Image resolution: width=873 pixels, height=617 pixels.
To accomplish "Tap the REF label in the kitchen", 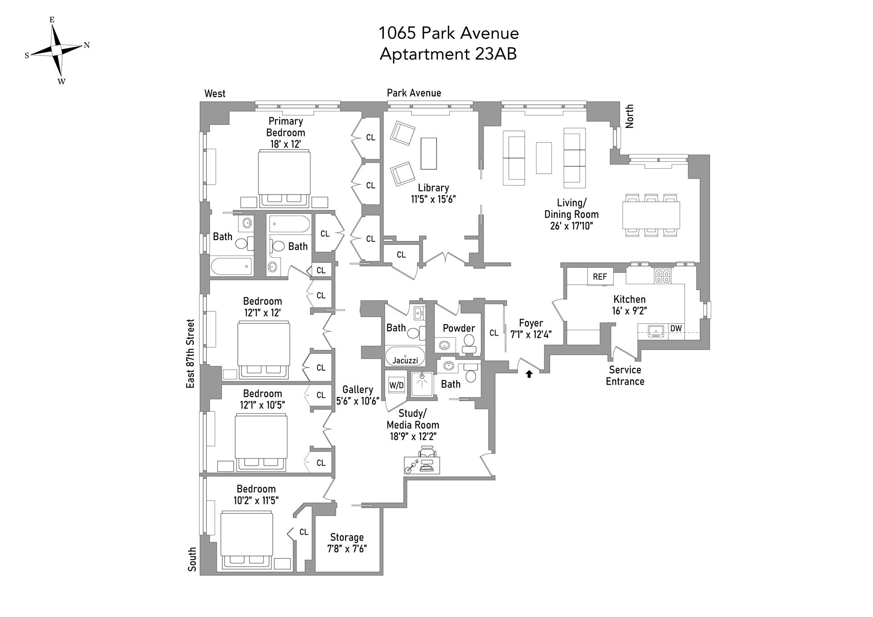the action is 600,276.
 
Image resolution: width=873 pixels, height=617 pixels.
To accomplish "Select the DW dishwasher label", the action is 676,328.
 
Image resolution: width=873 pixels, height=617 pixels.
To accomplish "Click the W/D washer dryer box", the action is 396,385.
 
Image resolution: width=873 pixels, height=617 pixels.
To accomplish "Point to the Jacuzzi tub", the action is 405,356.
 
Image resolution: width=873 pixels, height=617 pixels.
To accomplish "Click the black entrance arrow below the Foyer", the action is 529,374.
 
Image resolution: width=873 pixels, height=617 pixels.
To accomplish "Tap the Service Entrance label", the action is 625,376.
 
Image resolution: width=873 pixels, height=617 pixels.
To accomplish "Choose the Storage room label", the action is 347,537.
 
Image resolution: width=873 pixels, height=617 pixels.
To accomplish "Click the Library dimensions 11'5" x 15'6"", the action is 433,199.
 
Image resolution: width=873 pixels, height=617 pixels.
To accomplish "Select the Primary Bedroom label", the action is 286,127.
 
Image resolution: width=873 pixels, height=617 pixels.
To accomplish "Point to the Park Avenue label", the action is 414,93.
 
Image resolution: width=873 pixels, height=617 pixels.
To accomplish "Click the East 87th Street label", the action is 190,353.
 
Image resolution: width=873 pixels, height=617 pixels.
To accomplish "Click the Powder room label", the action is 459,328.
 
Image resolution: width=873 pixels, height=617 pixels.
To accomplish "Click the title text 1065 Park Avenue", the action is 449,33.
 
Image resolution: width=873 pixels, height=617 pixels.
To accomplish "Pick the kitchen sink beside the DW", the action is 654,331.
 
